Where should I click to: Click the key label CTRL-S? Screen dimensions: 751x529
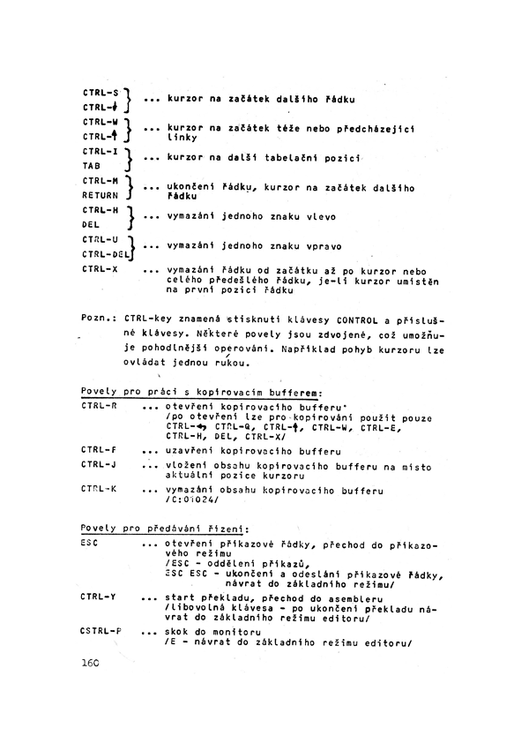click(x=101, y=91)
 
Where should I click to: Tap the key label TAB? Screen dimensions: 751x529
click(x=93, y=164)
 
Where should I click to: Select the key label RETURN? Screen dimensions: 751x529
click(x=100, y=194)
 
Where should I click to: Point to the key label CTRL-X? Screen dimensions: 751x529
click(x=101, y=268)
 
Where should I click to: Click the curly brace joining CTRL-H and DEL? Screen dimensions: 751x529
click(x=130, y=217)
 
